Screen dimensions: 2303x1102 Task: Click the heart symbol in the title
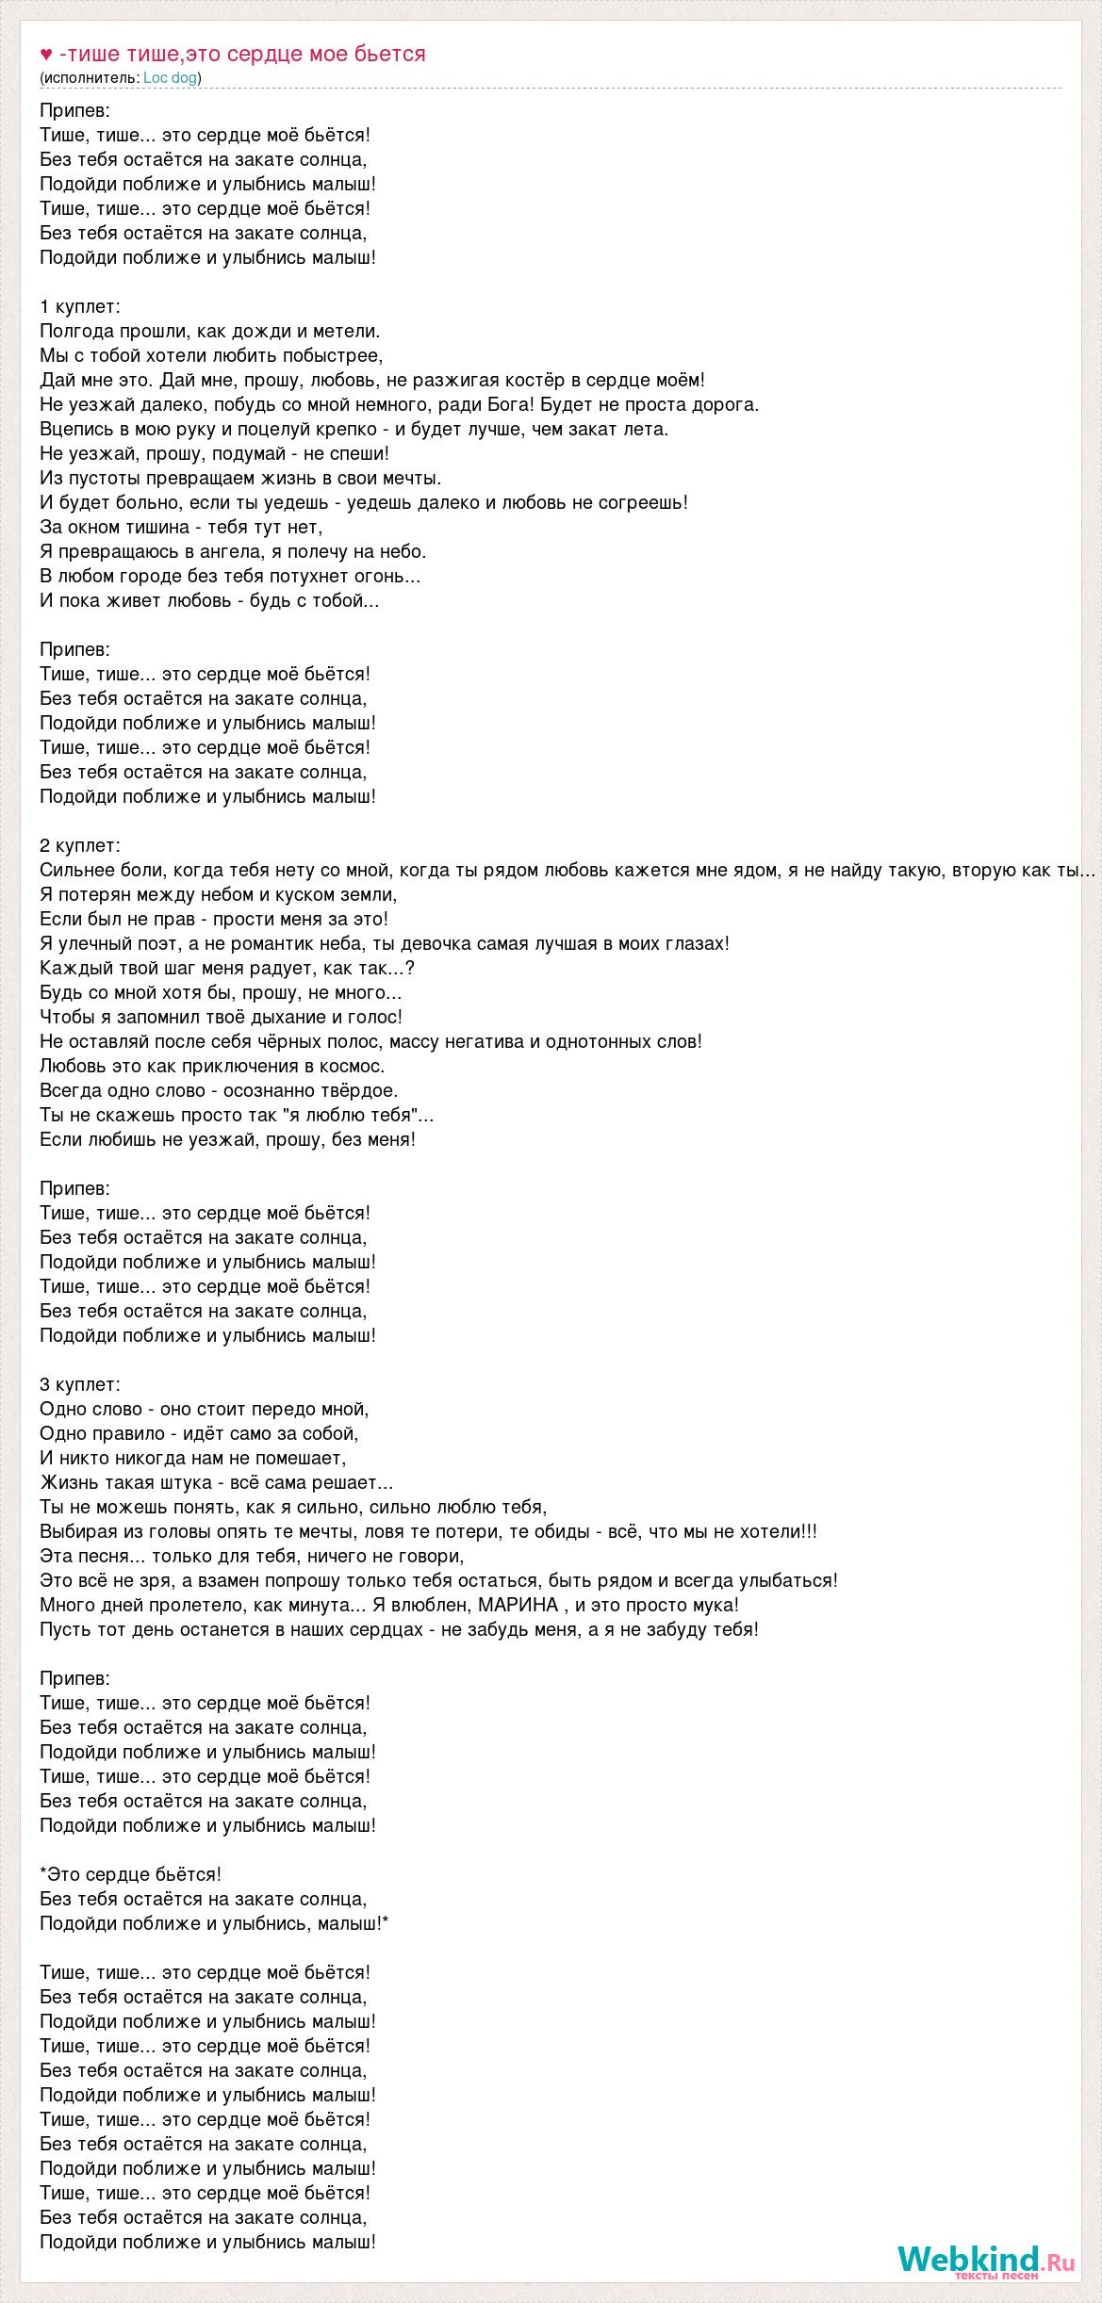[46, 55]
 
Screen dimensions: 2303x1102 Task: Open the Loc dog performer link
[170, 78]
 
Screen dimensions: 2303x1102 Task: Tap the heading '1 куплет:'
[80, 306]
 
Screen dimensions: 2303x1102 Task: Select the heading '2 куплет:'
[80, 845]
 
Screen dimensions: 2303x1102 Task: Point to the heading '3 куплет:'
[80, 1384]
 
